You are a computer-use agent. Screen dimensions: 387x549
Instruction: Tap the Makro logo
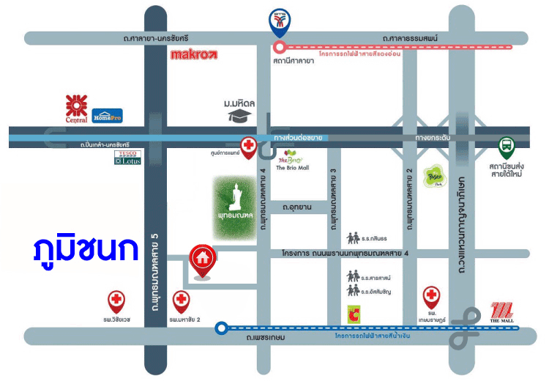coord(194,54)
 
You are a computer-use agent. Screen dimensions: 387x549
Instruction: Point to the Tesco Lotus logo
coord(127,158)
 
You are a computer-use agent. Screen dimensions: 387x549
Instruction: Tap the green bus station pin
coord(506,148)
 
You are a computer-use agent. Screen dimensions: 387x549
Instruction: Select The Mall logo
coord(503,313)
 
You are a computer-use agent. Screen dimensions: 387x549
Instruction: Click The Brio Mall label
coord(292,168)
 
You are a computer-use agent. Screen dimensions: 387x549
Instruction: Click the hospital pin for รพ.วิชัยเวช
coord(116,301)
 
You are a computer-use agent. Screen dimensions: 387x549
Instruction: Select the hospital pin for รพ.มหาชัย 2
coord(181,301)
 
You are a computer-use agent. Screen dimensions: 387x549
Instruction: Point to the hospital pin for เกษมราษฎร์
coord(432,298)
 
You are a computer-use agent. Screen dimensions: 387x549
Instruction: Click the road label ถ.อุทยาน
coord(296,207)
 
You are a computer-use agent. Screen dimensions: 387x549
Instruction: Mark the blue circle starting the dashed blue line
coord(220,328)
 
